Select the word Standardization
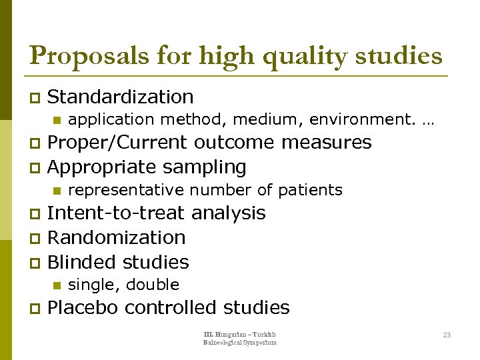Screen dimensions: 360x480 (x=121, y=97)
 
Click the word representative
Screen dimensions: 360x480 (x=126, y=190)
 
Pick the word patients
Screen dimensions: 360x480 (x=310, y=190)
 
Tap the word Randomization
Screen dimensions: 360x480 (x=116, y=237)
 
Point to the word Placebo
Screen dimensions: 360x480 (x=83, y=307)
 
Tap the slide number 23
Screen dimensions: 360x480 (x=447, y=335)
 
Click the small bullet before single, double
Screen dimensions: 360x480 (x=56, y=285)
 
